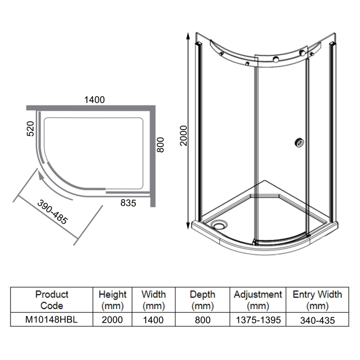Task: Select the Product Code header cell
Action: point(52,300)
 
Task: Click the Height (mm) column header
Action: point(112,300)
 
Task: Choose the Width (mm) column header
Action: point(153,300)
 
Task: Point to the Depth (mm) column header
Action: point(202,300)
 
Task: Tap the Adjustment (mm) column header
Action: point(258,300)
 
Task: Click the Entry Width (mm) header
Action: point(317,300)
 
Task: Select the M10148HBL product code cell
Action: point(52,320)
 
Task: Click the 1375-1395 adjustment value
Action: point(258,320)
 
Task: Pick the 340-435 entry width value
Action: point(317,320)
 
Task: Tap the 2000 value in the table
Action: point(112,320)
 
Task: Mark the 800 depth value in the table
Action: point(202,320)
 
